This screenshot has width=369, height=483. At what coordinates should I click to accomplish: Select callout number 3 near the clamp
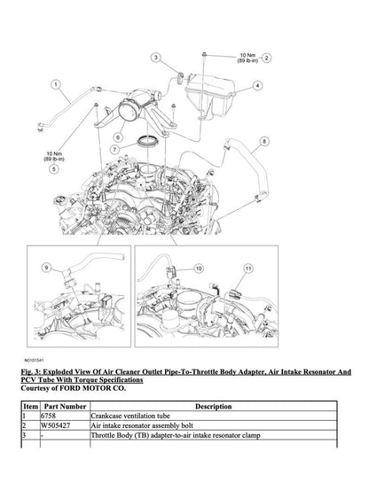point(156,57)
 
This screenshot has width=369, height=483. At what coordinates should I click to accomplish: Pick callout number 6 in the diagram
point(116,138)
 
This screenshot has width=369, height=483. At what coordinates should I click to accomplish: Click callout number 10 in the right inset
point(198,267)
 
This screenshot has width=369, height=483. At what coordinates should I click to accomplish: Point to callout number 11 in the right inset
point(249,267)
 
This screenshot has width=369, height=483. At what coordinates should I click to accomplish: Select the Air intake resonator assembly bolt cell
point(137,425)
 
